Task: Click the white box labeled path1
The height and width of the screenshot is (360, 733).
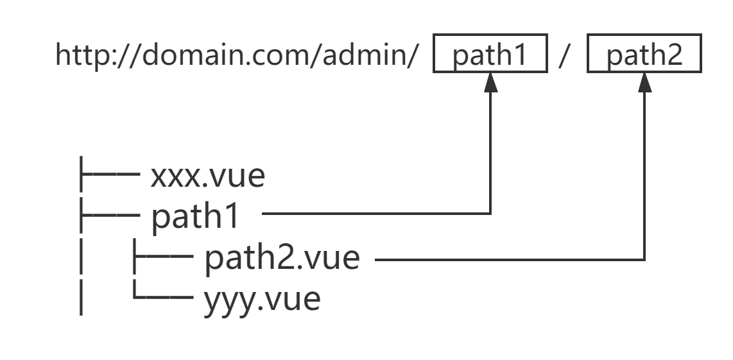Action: tap(490, 55)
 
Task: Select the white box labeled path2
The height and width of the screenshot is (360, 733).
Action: tap(644, 55)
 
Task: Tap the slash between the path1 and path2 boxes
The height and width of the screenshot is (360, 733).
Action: tap(567, 55)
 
